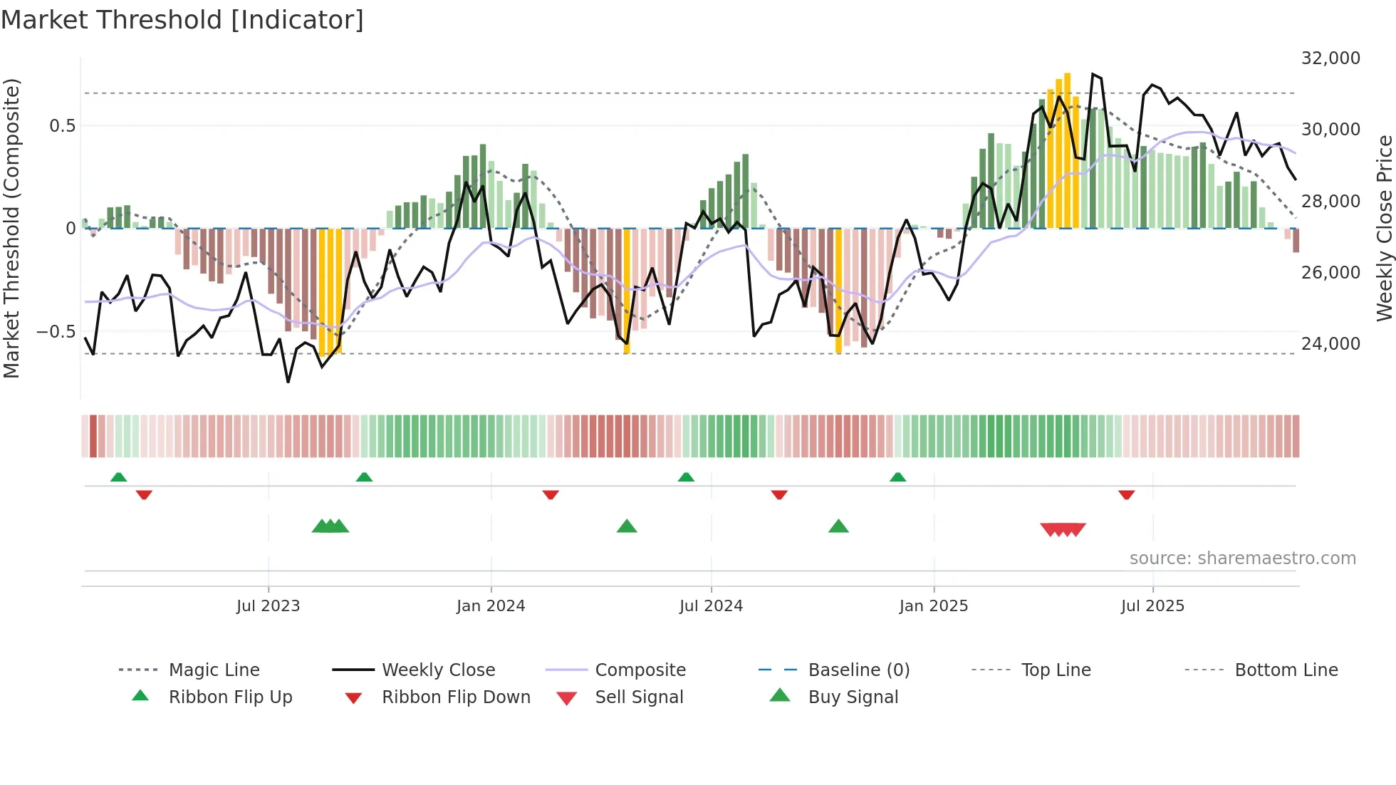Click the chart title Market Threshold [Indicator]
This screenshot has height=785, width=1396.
(182, 20)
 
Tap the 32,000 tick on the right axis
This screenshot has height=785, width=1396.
(1330, 58)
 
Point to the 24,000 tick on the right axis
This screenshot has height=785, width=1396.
(1330, 344)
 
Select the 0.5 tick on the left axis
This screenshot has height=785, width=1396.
(62, 126)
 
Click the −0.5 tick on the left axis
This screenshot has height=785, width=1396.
(56, 332)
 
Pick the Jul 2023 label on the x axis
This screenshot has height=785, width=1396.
(268, 606)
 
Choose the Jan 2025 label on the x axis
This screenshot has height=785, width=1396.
(933, 606)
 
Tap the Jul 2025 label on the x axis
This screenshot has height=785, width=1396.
(1152, 606)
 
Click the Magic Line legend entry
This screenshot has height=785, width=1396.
(214, 670)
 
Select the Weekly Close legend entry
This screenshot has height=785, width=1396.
(438, 670)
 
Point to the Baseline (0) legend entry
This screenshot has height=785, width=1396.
(858, 670)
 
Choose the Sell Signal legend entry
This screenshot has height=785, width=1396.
(639, 697)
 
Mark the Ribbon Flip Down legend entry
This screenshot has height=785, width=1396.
(456, 697)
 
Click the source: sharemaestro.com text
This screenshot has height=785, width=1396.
(1242, 558)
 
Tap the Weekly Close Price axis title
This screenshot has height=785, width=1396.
(1384, 228)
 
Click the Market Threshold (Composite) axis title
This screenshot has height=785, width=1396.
(11, 228)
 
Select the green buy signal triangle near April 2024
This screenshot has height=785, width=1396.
(627, 526)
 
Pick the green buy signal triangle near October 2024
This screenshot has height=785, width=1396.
(838, 526)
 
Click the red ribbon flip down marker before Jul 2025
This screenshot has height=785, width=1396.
(1126, 494)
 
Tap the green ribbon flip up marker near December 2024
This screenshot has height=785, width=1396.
(897, 477)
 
